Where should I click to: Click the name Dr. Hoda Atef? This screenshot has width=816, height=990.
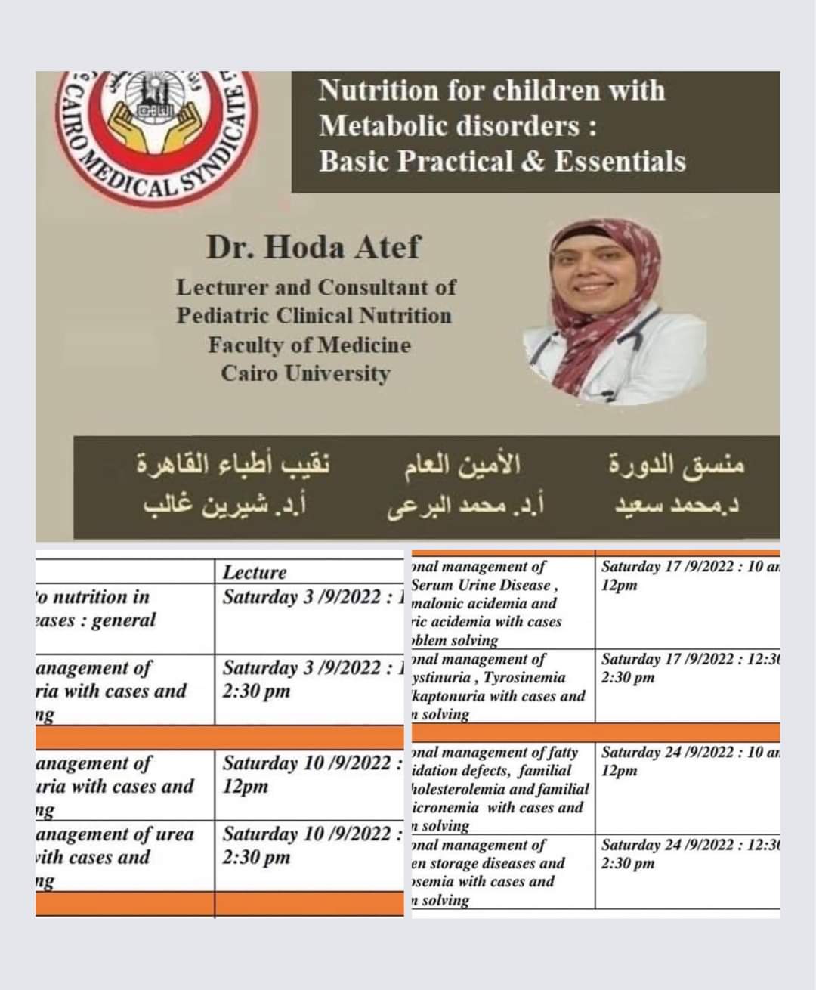(313, 247)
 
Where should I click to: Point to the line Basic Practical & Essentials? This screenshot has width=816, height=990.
(502, 161)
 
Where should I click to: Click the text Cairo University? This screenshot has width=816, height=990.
(305, 373)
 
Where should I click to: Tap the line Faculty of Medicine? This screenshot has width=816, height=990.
(310, 345)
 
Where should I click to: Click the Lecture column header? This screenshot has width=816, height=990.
(255, 572)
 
